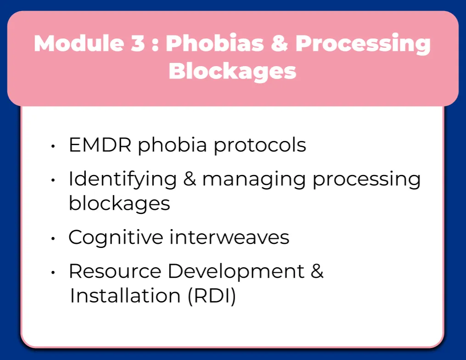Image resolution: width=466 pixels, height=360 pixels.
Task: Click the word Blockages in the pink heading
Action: coord(233,72)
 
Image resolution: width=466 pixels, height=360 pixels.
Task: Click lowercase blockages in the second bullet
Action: coord(119,203)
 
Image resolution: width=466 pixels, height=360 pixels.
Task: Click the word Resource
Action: coord(115,271)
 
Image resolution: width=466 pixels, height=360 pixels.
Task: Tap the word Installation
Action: coord(125,296)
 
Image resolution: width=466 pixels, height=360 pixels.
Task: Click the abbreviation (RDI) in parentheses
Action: coord(212,297)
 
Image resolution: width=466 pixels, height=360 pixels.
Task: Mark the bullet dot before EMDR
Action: coord(54,146)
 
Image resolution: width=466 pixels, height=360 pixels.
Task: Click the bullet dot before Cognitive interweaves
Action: coord(54,239)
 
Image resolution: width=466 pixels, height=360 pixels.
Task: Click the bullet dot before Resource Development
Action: coord(54,273)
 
